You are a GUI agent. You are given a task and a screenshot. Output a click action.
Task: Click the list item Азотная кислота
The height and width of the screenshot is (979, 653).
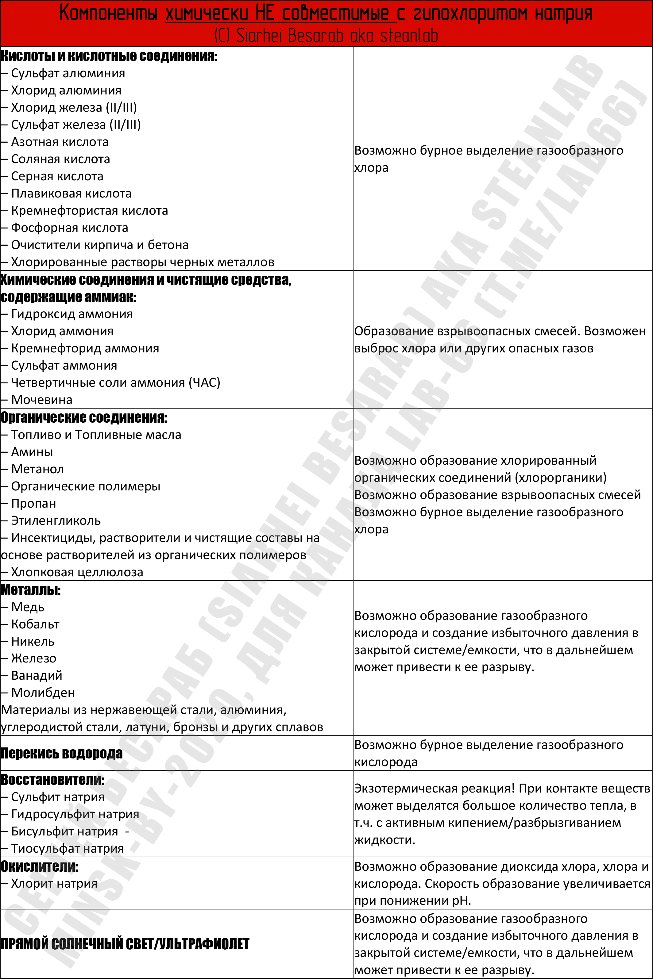pos(60,142)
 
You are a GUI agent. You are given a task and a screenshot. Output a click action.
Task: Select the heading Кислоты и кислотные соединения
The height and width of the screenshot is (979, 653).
pos(108,56)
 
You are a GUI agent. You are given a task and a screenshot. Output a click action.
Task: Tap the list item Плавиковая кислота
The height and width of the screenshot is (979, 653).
pos(71,194)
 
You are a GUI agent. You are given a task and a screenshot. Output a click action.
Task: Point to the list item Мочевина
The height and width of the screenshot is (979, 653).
pos(42,400)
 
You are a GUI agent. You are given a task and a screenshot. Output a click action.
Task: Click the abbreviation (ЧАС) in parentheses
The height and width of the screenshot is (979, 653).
pos(204,382)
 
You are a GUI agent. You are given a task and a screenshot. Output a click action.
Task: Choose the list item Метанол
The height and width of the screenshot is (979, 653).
pos(37,469)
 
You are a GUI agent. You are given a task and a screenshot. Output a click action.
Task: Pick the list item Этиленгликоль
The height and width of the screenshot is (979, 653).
pos(56,521)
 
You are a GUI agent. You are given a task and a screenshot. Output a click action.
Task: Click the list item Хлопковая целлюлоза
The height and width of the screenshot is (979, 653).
pos(77,572)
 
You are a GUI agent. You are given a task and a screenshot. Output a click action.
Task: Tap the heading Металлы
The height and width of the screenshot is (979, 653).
pos(30,590)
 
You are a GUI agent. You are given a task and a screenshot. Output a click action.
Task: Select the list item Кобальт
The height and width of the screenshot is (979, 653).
pos(35,624)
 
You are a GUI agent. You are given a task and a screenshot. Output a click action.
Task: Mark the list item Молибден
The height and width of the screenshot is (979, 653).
pos(43,693)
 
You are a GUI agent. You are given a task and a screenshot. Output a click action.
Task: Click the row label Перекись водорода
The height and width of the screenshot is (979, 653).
pos(62,753)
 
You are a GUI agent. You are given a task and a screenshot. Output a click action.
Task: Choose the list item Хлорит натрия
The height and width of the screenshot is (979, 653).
pos(54,883)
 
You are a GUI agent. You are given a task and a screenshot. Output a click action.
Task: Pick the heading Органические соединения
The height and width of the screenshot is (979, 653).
pos(84,417)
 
